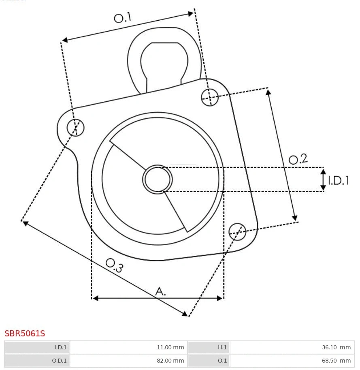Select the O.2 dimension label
[x=298, y=159]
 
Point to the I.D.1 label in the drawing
[x=338, y=180]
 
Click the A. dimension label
[x=161, y=291]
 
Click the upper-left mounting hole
[x=76, y=128]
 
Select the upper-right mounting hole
[x=210, y=97]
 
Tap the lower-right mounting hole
[x=237, y=231]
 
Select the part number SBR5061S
[x=25, y=334]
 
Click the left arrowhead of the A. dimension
[x=96, y=298]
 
